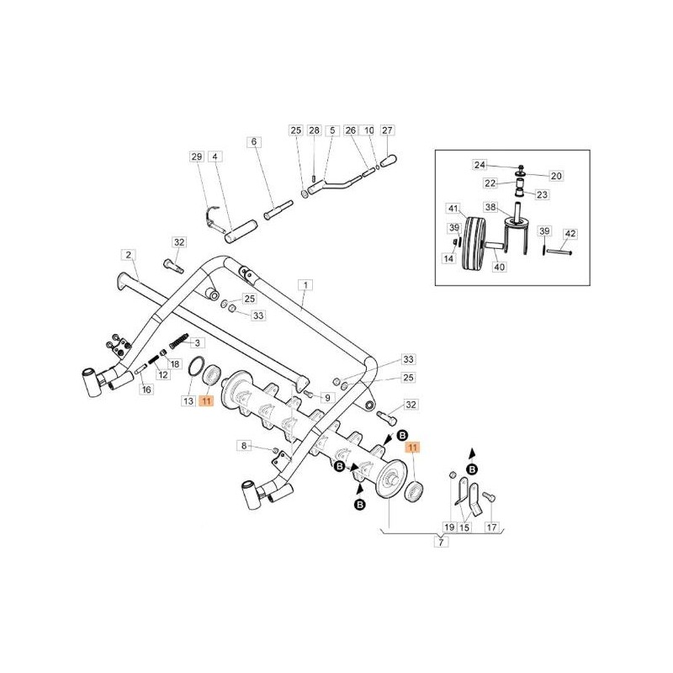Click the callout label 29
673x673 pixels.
197,156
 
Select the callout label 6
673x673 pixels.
254,141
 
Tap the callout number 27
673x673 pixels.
387,130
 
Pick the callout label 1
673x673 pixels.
305,284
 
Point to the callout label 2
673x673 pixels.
129,255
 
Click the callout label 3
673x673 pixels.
198,342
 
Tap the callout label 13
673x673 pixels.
188,401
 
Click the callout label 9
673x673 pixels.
327,398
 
